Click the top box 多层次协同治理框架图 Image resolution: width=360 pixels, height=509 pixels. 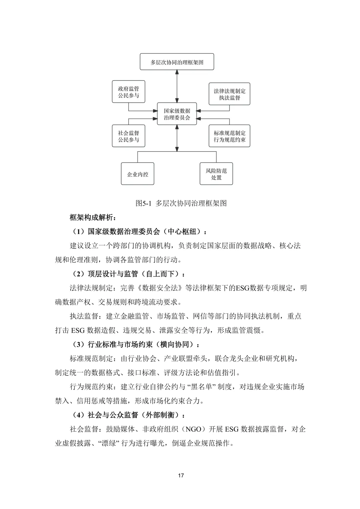[x=177, y=62]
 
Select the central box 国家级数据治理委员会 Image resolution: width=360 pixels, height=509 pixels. [x=177, y=114]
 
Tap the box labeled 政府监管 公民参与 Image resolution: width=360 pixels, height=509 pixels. [x=128, y=92]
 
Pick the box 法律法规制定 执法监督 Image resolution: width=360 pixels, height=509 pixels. [x=229, y=94]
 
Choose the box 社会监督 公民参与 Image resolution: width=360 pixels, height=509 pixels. [x=128, y=136]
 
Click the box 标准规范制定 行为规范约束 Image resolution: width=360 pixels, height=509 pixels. [x=229, y=136]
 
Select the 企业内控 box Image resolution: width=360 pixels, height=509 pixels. [x=137, y=174]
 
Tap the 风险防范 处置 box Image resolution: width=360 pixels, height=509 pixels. [x=216, y=174]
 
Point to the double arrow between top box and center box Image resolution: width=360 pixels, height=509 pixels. [x=177, y=86]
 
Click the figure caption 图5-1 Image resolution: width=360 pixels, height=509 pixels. [x=144, y=203]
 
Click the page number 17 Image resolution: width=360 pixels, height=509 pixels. [x=181, y=475]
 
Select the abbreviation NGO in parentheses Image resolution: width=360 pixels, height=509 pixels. [x=193, y=429]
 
